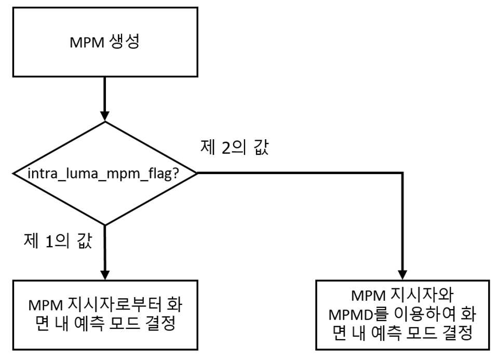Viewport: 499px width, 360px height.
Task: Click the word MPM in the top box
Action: point(87,42)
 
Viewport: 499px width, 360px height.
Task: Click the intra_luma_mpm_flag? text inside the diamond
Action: point(103,174)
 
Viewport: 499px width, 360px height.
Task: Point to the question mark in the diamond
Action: point(176,174)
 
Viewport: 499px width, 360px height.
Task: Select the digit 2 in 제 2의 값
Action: point(226,148)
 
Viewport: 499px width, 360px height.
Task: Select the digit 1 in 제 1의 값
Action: point(49,242)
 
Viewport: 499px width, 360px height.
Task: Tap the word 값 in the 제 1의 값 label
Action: point(84,241)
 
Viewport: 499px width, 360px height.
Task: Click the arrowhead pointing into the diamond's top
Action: point(105,116)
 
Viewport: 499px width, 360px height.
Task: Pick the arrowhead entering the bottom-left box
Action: point(105,275)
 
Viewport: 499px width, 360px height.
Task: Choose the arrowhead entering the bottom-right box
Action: point(402,275)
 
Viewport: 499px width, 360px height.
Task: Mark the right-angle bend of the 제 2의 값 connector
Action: point(402,173)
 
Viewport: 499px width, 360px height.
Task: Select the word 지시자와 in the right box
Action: point(422,296)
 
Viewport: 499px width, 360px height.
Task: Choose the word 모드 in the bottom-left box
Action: point(125,324)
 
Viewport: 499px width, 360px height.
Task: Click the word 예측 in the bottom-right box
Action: point(386,333)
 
